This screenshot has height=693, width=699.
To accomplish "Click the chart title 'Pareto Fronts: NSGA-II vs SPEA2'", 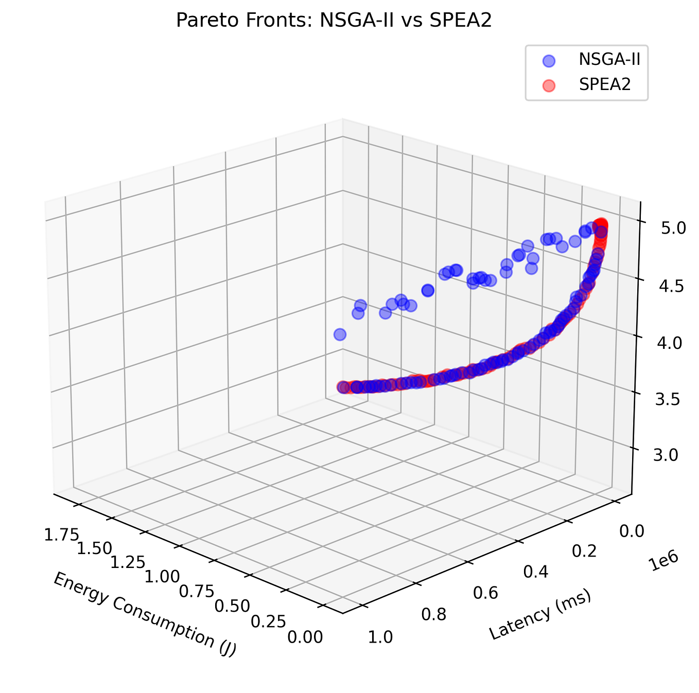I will [x=334, y=21].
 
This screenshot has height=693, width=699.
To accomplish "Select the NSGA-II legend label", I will [x=609, y=60].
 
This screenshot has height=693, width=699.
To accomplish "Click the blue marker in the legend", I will [x=549, y=60].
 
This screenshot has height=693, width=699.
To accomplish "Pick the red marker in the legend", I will [x=549, y=85].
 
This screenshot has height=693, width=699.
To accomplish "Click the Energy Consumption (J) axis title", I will [x=145, y=614].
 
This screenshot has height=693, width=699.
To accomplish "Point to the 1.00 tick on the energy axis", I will [x=162, y=575].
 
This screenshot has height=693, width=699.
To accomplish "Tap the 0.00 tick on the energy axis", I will [x=305, y=637].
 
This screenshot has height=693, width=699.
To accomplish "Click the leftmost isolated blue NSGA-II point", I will [x=340, y=334].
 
